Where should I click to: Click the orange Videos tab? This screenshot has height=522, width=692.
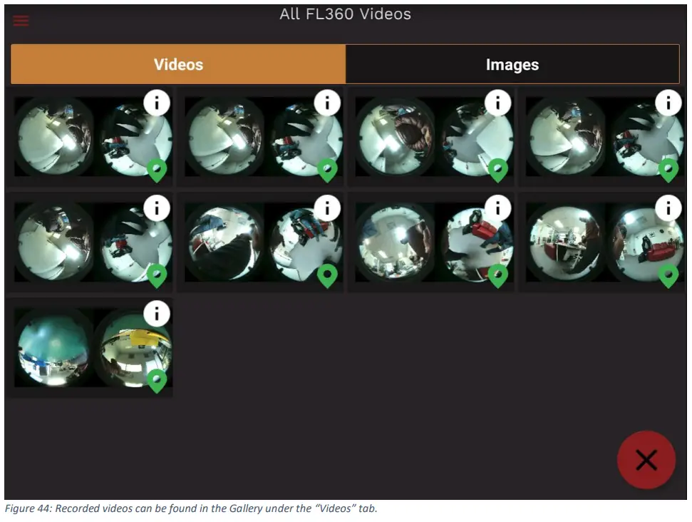pos(178,65)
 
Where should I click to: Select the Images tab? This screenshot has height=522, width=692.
pos(512,65)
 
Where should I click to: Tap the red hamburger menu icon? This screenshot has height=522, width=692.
pos(21,20)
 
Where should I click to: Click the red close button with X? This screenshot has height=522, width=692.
pos(646,460)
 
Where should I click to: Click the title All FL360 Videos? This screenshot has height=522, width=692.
pos(345,14)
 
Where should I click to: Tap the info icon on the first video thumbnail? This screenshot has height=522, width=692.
pos(157,103)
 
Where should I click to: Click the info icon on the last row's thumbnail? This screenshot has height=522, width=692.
pos(157,313)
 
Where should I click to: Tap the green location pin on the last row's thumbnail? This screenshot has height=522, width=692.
pos(157,380)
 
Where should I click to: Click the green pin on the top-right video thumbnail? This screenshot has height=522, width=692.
pos(668,170)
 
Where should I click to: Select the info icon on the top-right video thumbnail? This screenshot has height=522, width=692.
pos(668,103)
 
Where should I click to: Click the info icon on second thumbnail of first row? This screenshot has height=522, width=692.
pos(327,103)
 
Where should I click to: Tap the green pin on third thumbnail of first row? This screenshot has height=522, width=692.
pos(497,170)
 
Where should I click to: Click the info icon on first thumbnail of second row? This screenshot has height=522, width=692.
pos(157,208)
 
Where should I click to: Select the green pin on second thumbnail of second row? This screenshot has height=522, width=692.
pos(327,275)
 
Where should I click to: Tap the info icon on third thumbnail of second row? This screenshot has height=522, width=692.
pos(497,208)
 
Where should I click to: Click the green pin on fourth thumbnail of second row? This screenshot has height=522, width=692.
pos(668,275)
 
